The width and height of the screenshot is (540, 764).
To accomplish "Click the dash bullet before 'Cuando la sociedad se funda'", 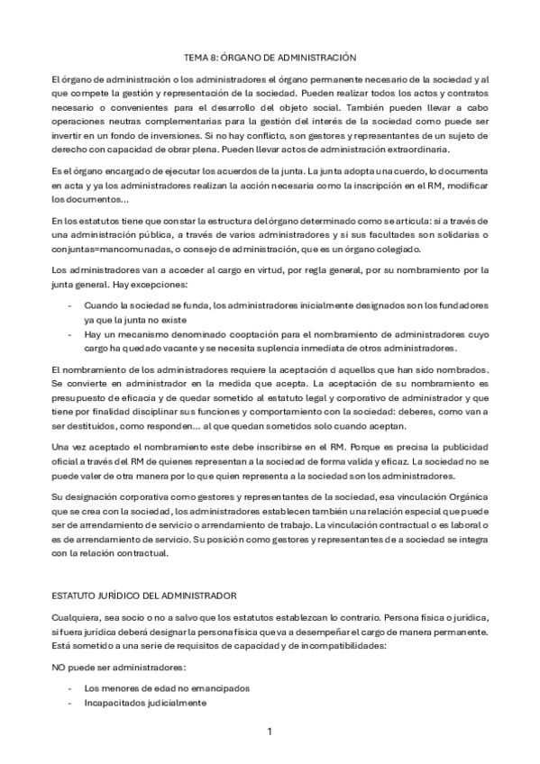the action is coord(70,306).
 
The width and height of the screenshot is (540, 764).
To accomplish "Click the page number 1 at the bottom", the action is coord(270,731).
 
